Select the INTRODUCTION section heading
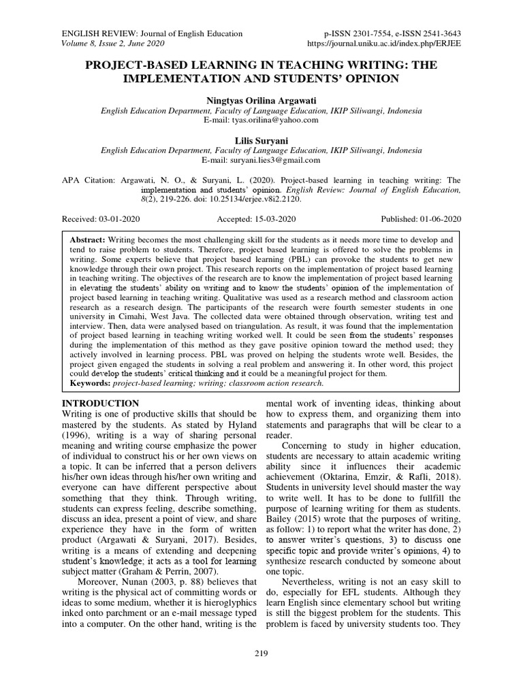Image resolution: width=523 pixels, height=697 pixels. tap(101, 404)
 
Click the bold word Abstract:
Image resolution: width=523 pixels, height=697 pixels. tap(88, 241)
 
